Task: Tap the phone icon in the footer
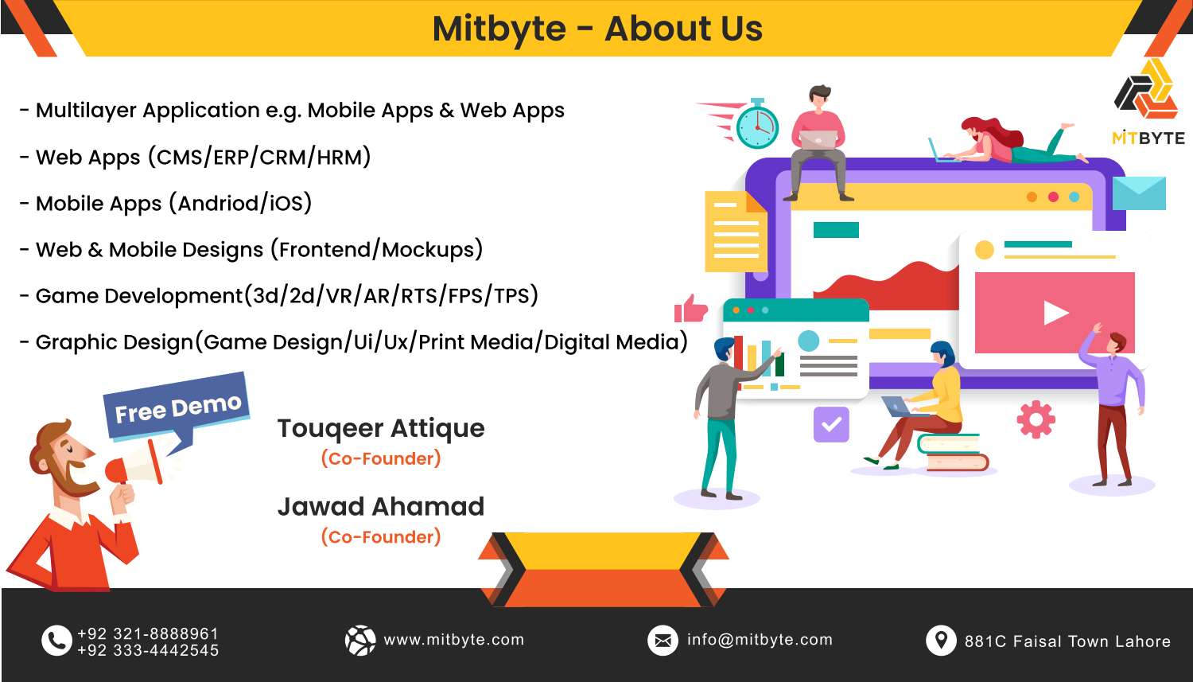(56, 641)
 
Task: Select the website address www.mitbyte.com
(453, 640)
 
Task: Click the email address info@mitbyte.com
(760, 640)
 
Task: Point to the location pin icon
(941, 640)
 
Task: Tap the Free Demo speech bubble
(177, 408)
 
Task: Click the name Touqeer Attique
(381, 428)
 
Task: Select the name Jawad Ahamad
(381, 506)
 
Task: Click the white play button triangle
(1055, 313)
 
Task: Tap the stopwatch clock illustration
(756, 125)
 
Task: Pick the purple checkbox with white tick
(831, 424)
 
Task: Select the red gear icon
(1036, 419)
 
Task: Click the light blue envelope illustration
(1139, 193)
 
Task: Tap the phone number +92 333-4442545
(148, 650)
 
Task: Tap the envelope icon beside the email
(663, 640)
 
